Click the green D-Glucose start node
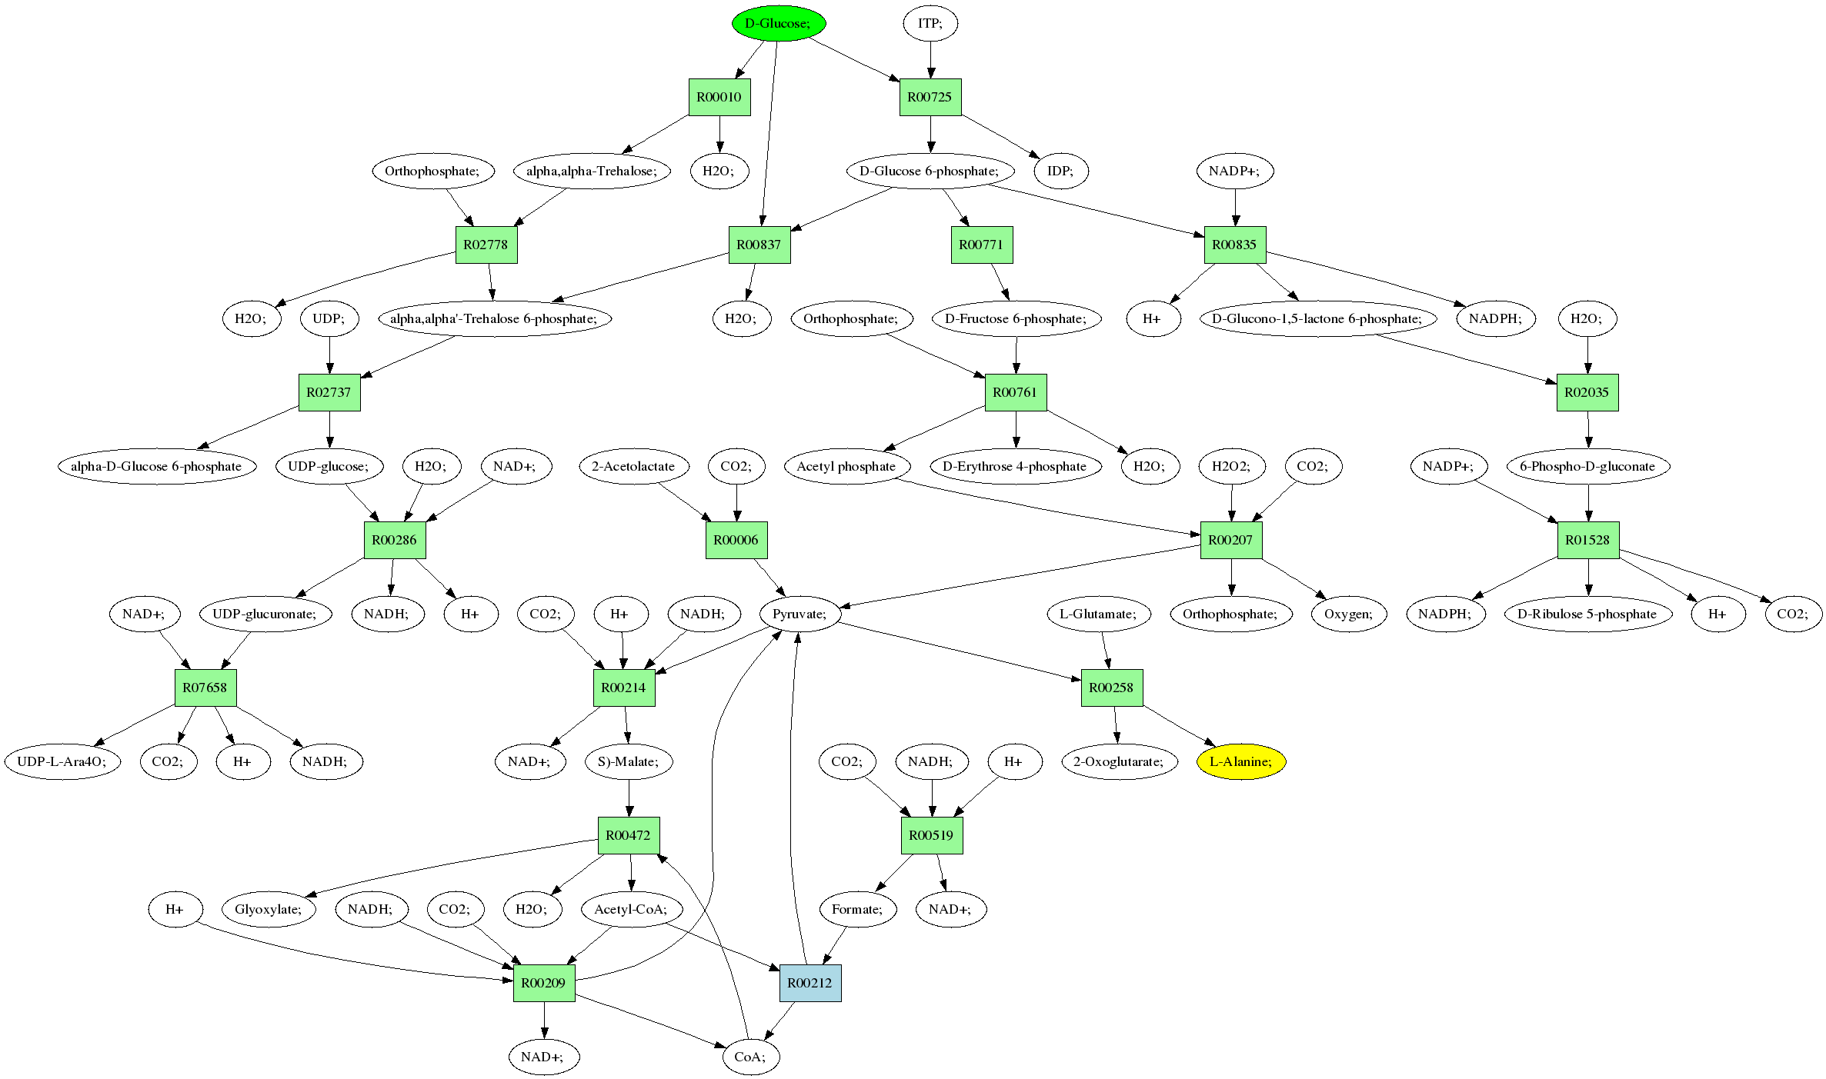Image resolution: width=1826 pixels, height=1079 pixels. pyautogui.click(x=778, y=23)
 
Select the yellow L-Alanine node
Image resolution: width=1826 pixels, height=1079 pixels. pyautogui.click(x=1240, y=761)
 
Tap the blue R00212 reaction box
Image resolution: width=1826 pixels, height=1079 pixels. pyautogui.click(x=810, y=982)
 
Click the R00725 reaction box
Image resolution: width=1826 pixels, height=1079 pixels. pyautogui.click(x=930, y=97)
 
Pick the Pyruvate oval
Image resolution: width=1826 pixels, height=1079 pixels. pyautogui.click(x=800, y=614)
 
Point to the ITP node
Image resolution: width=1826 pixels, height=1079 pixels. pyautogui.click(x=930, y=23)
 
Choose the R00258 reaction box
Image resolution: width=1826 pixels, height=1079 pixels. pyautogui.click(x=1111, y=688)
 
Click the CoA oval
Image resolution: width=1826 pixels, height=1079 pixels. pyautogui.click(x=750, y=1056)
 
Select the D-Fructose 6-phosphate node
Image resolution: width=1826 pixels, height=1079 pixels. pyautogui.click(x=1016, y=318)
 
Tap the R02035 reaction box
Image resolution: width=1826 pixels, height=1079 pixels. pyautogui.click(x=1587, y=392)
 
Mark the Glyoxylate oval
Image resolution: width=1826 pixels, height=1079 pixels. pyautogui.click(x=269, y=909)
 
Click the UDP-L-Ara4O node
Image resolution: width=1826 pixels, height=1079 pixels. pyautogui.click(x=62, y=761)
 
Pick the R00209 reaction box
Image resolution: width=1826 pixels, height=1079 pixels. pyautogui.click(x=543, y=982)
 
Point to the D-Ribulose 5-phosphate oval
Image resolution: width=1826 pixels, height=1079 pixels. pyautogui.click(x=1587, y=614)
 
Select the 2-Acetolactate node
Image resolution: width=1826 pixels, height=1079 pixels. pyautogui.click(x=633, y=466)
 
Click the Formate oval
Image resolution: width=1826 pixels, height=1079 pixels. pyautogui.click(x=857, y=909)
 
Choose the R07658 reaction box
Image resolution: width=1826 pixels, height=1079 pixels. pyautogui.click(x=205, y=688)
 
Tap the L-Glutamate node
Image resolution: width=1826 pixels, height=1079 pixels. pyautogui.click(x=1099, y=614)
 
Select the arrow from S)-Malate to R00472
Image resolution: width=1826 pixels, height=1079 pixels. pyautogui.click(x=629, y=798)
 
